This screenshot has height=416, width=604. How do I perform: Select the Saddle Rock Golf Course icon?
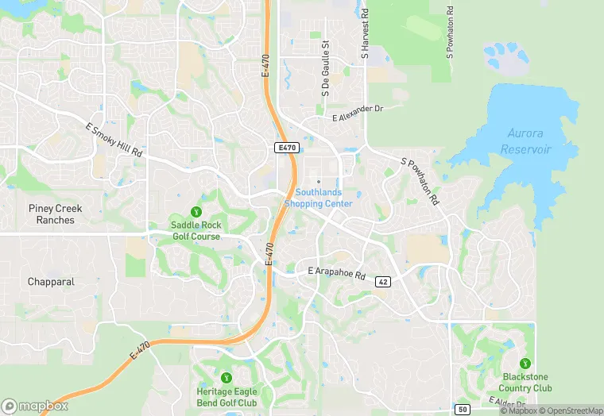(x=196, y=211)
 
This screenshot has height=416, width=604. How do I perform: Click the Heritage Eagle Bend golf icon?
(x=226, y=377)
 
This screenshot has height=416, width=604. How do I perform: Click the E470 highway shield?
(x=287, y=148)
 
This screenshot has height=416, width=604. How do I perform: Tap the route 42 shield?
(x=383, y=282)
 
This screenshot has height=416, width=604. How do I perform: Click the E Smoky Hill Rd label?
(x=114, y=140)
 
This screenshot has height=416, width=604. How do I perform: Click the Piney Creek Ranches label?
(x=56, y=214)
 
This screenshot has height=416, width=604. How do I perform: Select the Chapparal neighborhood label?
(x=51, y=282)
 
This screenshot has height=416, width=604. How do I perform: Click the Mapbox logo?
(x=35, y=405)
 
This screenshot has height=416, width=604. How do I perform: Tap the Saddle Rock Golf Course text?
(x=196, y=231)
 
